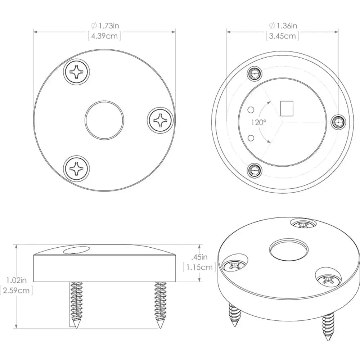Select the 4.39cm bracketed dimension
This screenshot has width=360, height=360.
click(x=104, y=36)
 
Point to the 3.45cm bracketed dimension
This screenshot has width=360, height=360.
click(x=283, y=36)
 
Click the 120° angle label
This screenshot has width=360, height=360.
click(x=258, y=122)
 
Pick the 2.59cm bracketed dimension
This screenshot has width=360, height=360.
click(x=16, y=290)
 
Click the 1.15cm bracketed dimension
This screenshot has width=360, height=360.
click(x=199, y=267)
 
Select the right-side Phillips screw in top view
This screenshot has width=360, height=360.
click(x=160, y=119)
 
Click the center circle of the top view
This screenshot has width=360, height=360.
click(x=105, y=120)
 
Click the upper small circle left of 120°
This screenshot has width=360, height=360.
click(x=252, y=109)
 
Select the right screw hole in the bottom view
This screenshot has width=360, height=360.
click(x=337, y=123)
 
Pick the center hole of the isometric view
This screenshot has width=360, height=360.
click(x=289, y=250)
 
